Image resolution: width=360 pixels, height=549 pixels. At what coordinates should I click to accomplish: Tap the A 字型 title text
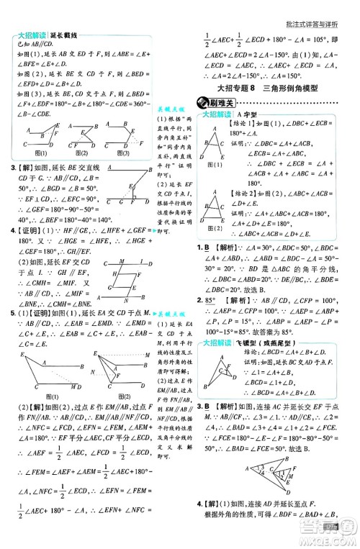[248, 114]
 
